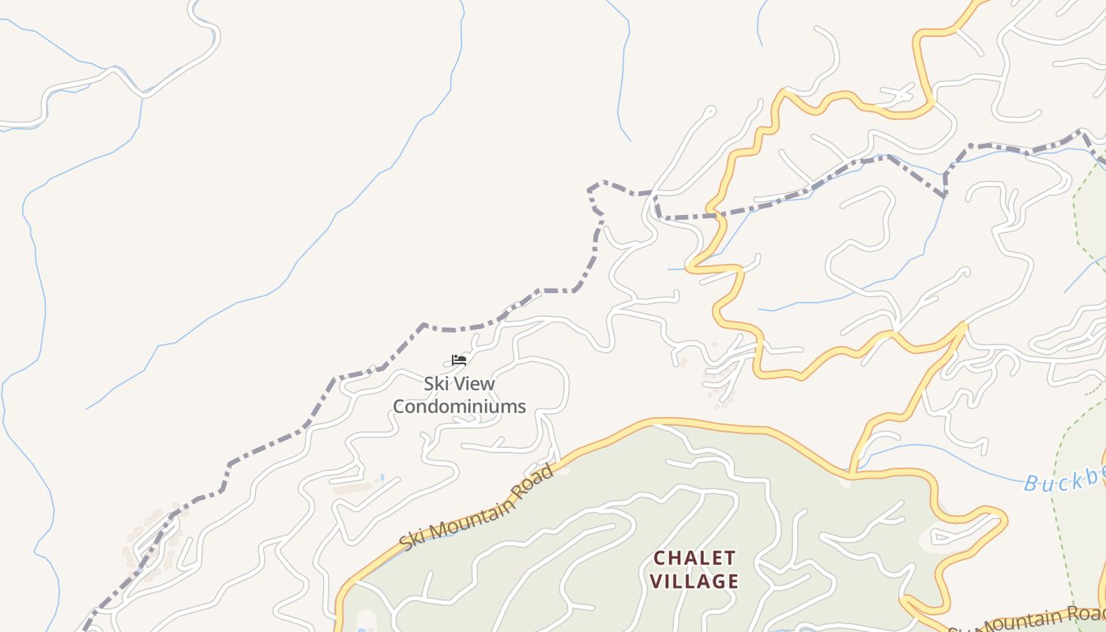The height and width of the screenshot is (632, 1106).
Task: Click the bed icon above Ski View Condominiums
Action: [x=459, y=360]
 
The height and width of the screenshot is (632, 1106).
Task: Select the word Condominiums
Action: [x=459, y=407]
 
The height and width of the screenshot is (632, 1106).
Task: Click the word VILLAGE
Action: [x=695, y=581]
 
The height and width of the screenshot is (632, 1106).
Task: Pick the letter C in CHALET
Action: [x=660, y=559]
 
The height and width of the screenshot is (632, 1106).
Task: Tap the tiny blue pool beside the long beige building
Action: [x=382, y=478]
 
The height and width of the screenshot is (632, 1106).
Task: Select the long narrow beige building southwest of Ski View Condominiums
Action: [x=352, y=488]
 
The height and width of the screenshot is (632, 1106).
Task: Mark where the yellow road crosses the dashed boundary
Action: [x=713, y=213]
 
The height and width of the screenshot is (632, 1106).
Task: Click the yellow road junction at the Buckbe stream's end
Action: [x=852, y=475]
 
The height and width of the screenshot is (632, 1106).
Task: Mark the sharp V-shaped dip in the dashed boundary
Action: [x=945, y=194]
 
